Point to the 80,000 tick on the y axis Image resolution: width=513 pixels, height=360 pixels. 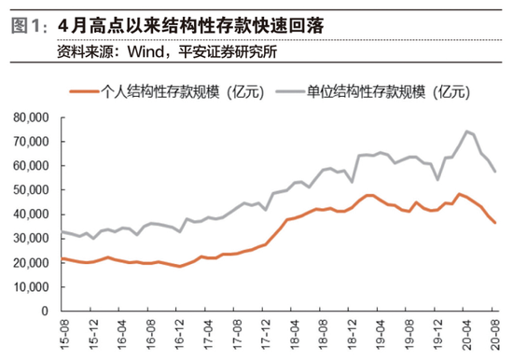(x=33, y=118)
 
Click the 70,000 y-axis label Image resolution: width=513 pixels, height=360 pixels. (x=33, y=142)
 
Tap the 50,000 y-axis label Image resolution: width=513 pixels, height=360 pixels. (x=33, y=189)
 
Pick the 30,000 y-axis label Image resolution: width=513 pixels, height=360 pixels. (x=33, y=238)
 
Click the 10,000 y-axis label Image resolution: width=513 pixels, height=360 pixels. (x=33, y=286)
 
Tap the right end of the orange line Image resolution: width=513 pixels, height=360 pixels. (x=495, y=222)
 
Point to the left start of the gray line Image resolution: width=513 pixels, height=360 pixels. (x=61, y=231)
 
